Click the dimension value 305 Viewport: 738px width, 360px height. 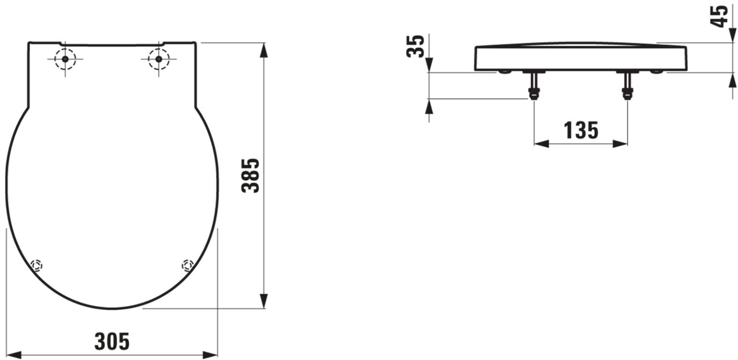(x=112, y=341)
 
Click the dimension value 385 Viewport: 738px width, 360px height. (x=250, y=176)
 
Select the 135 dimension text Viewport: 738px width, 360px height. (x=581, y=130)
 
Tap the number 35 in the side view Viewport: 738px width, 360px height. (x=415, y=46)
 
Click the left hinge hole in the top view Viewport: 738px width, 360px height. (x=65, y=59)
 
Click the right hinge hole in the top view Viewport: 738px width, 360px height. (x=159, y=59)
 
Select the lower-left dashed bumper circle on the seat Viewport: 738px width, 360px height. (x=36, y=265)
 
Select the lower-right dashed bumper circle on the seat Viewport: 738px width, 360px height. (x=188, y=265)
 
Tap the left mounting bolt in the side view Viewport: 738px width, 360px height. (x=534, y=85)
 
